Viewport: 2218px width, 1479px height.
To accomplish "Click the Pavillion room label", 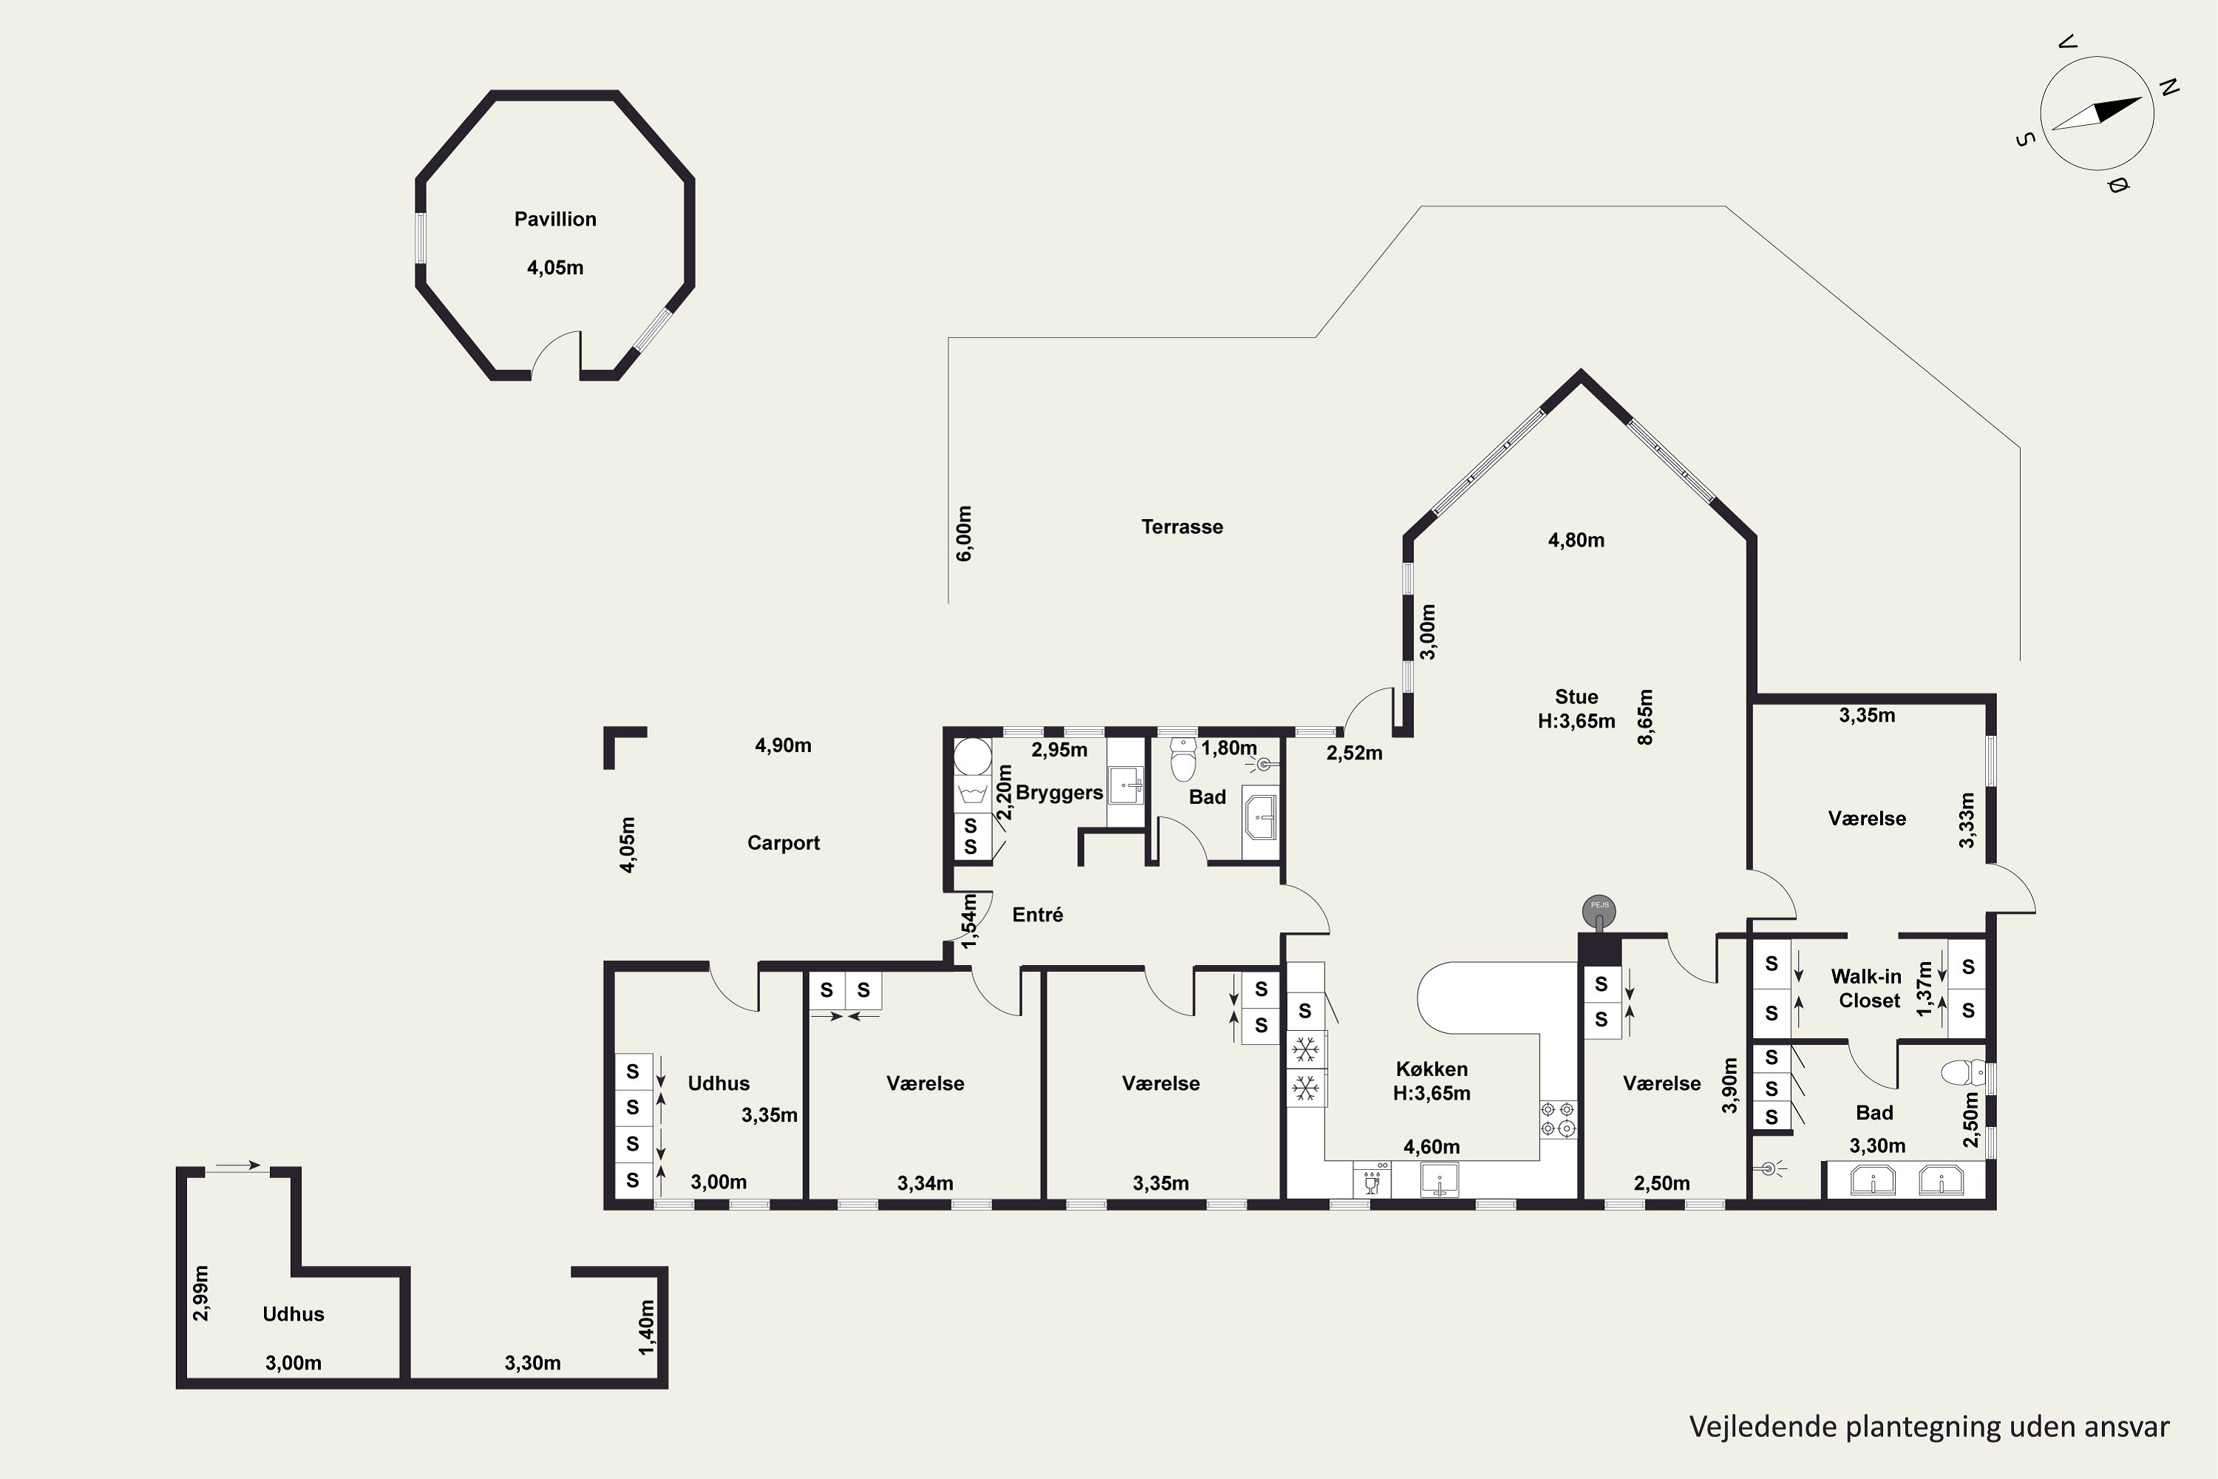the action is pos(554,219).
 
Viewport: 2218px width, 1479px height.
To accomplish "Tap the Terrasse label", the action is pos(1181,527).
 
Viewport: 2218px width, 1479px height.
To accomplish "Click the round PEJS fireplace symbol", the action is pos(1599,910).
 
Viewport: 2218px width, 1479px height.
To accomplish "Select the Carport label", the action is pos(783,842).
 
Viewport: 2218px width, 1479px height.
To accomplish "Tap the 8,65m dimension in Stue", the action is pos(1646,717).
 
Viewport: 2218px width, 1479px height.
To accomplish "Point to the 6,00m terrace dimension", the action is pos(964,534).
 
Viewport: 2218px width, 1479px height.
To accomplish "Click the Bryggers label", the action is pos(1059,792).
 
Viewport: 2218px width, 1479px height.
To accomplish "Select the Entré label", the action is pos(1037,914).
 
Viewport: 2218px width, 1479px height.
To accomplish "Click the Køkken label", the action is pos(1431,1069).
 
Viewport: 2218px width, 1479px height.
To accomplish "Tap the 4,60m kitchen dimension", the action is pos(1431,1147).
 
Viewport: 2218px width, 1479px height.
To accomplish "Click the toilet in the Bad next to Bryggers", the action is pos(1182,759).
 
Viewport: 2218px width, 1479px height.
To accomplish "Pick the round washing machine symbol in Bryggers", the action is pos(972,757).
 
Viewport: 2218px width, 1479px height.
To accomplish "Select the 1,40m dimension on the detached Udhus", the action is pos(646,1327).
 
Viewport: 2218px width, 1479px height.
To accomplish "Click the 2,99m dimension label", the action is pos(200,1293).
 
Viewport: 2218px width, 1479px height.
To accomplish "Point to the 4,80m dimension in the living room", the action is pos(1576,541).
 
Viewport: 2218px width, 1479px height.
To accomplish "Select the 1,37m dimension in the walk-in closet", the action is pos(1924,989).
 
